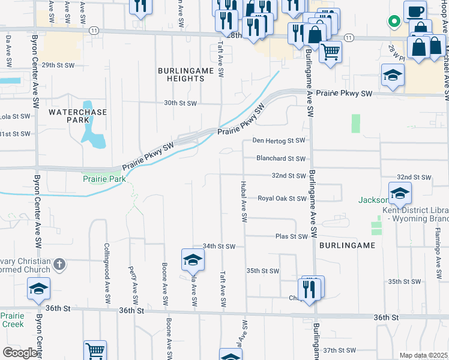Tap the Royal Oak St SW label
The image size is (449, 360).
(x=282, y=199)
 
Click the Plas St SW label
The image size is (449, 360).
(x=291, y=237)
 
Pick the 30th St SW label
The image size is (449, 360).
(x=181, y=103)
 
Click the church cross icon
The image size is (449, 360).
(x=59, y=264)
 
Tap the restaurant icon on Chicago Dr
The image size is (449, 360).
(x=309, y=290)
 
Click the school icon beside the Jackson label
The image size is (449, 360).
(x=399, y=194)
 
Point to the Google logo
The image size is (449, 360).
(x=20, y=353)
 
